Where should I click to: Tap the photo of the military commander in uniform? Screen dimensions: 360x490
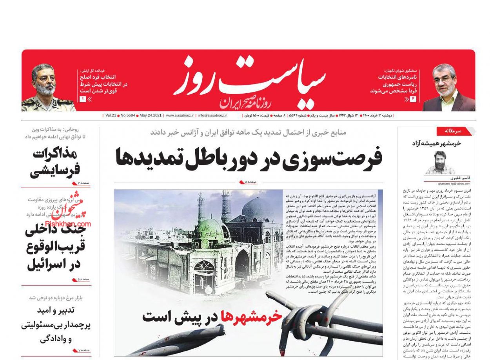point(48,87)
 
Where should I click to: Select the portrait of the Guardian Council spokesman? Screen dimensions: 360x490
point(448,88)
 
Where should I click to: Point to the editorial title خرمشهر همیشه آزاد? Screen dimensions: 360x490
point(436,143)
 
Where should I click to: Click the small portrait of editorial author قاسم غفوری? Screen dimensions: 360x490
point(440,162)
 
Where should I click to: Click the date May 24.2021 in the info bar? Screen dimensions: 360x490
point(151,116)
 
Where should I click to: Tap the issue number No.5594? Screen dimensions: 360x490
point(127,116)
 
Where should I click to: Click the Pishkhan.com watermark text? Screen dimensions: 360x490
point(68,224)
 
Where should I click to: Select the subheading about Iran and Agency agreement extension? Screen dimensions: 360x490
point(248,132)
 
